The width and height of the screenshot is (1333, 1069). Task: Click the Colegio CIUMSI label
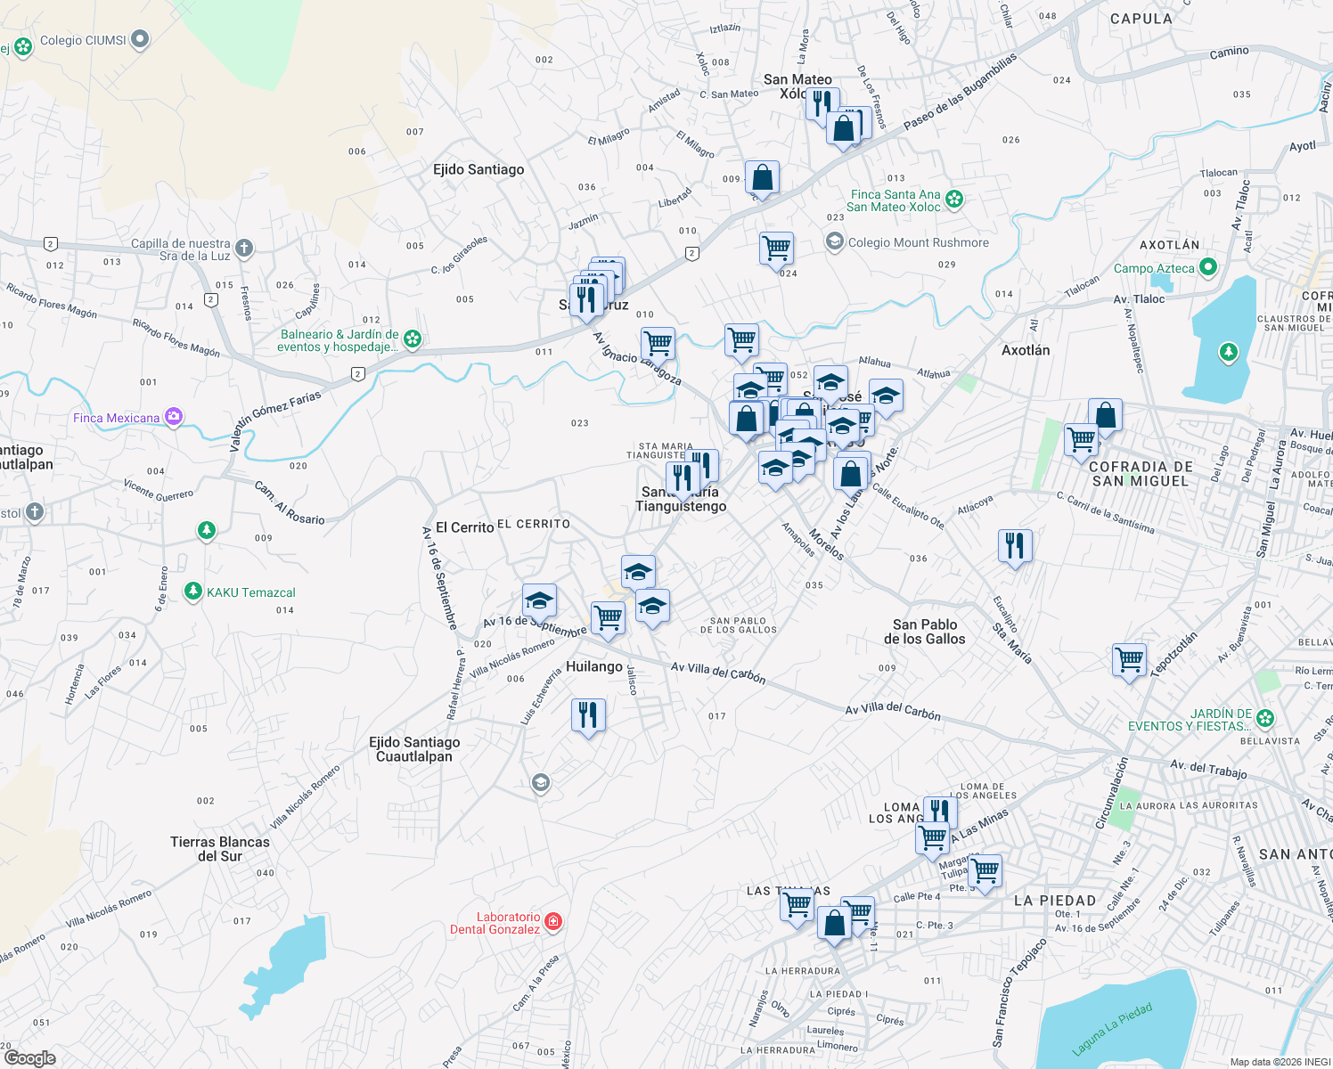click(x=83, y=40)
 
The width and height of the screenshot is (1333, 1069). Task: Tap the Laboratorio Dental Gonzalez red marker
click(x=553, y=921)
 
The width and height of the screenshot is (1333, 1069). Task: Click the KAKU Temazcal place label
click(x=250, y=592)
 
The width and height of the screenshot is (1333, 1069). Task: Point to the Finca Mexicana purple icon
click(x=174, y=417)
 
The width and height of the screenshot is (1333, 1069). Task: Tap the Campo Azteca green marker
click(x=1208, y=266)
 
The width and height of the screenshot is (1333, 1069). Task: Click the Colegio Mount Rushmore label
click(x=918, y=242)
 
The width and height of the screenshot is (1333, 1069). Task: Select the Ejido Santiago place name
click(x=478, y=169)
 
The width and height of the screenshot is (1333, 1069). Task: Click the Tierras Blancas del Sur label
click(x=220, y=849)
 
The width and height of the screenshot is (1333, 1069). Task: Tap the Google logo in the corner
click(x=29, y=1058)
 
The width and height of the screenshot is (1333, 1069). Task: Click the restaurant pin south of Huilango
click(x=588, y=715)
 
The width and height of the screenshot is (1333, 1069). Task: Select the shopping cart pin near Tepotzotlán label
click(x=1129, y=660)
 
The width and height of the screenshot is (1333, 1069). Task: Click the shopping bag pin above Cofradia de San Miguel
click(x=1105, y=415)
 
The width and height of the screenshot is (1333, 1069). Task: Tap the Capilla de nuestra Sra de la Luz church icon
click(x=244, y=249)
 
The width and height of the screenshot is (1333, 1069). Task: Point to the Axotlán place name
click(x=1026, y=350)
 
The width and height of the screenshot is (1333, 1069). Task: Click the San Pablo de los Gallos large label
click(x=925, y=632)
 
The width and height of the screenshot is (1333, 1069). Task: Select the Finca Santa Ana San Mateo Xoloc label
click(x=895, y=200)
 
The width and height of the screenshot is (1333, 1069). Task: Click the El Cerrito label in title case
click(x=464, y=527)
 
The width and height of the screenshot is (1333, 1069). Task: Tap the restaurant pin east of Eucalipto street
click(x=1015, y=545)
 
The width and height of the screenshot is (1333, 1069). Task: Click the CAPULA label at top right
click(x=1141, y=19)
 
